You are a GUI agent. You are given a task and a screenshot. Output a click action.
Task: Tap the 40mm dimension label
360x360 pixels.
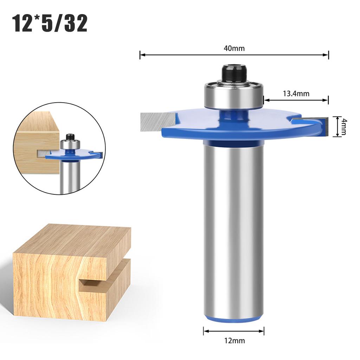pos(234,49)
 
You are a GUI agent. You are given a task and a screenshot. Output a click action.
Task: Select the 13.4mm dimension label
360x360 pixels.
pos(296,94)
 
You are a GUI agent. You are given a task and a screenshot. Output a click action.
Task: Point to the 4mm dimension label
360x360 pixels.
pos(343,127)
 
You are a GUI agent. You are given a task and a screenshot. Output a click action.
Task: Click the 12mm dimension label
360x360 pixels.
pos(234,341)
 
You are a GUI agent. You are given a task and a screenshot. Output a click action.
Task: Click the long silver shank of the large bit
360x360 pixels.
pos(234,229)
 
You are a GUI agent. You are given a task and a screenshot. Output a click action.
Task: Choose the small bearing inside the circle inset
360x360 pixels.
pos(70,144)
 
